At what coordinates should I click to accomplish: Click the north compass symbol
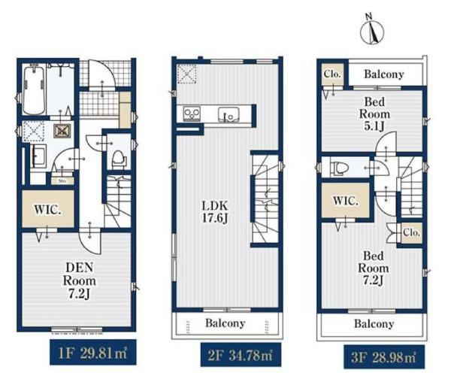(x=372, y=29)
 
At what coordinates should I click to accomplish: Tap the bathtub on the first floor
(x=34, y=89)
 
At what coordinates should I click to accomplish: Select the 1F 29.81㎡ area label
(x=93, y=353)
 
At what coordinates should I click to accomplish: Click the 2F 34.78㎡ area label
(x=241, y=355)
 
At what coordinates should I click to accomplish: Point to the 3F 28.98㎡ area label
(x=384, y=357)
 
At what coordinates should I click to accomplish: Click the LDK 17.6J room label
(x=215, y=212)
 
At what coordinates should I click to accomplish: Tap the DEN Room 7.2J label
(x=80, y=280)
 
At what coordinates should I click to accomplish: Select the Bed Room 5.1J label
(x=374, y=114)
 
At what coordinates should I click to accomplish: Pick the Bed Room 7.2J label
(x=374, y=268)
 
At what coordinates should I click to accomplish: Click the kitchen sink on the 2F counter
(x=228, y=114)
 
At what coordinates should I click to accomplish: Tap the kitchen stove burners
(x=192, y=114)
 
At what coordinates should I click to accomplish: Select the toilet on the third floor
(x=340, y=168)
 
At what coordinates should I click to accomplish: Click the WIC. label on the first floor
(x=48, y=210)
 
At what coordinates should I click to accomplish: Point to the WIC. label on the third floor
(x=346, y=201)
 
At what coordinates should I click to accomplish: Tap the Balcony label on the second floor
(x=225, y=323)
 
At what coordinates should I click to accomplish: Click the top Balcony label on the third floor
(x=384, y=74)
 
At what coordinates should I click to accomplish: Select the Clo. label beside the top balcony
(x=332, y=74)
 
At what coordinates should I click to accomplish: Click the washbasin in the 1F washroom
(x=38, y=156)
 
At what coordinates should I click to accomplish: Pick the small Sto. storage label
(x=62, y=181)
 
